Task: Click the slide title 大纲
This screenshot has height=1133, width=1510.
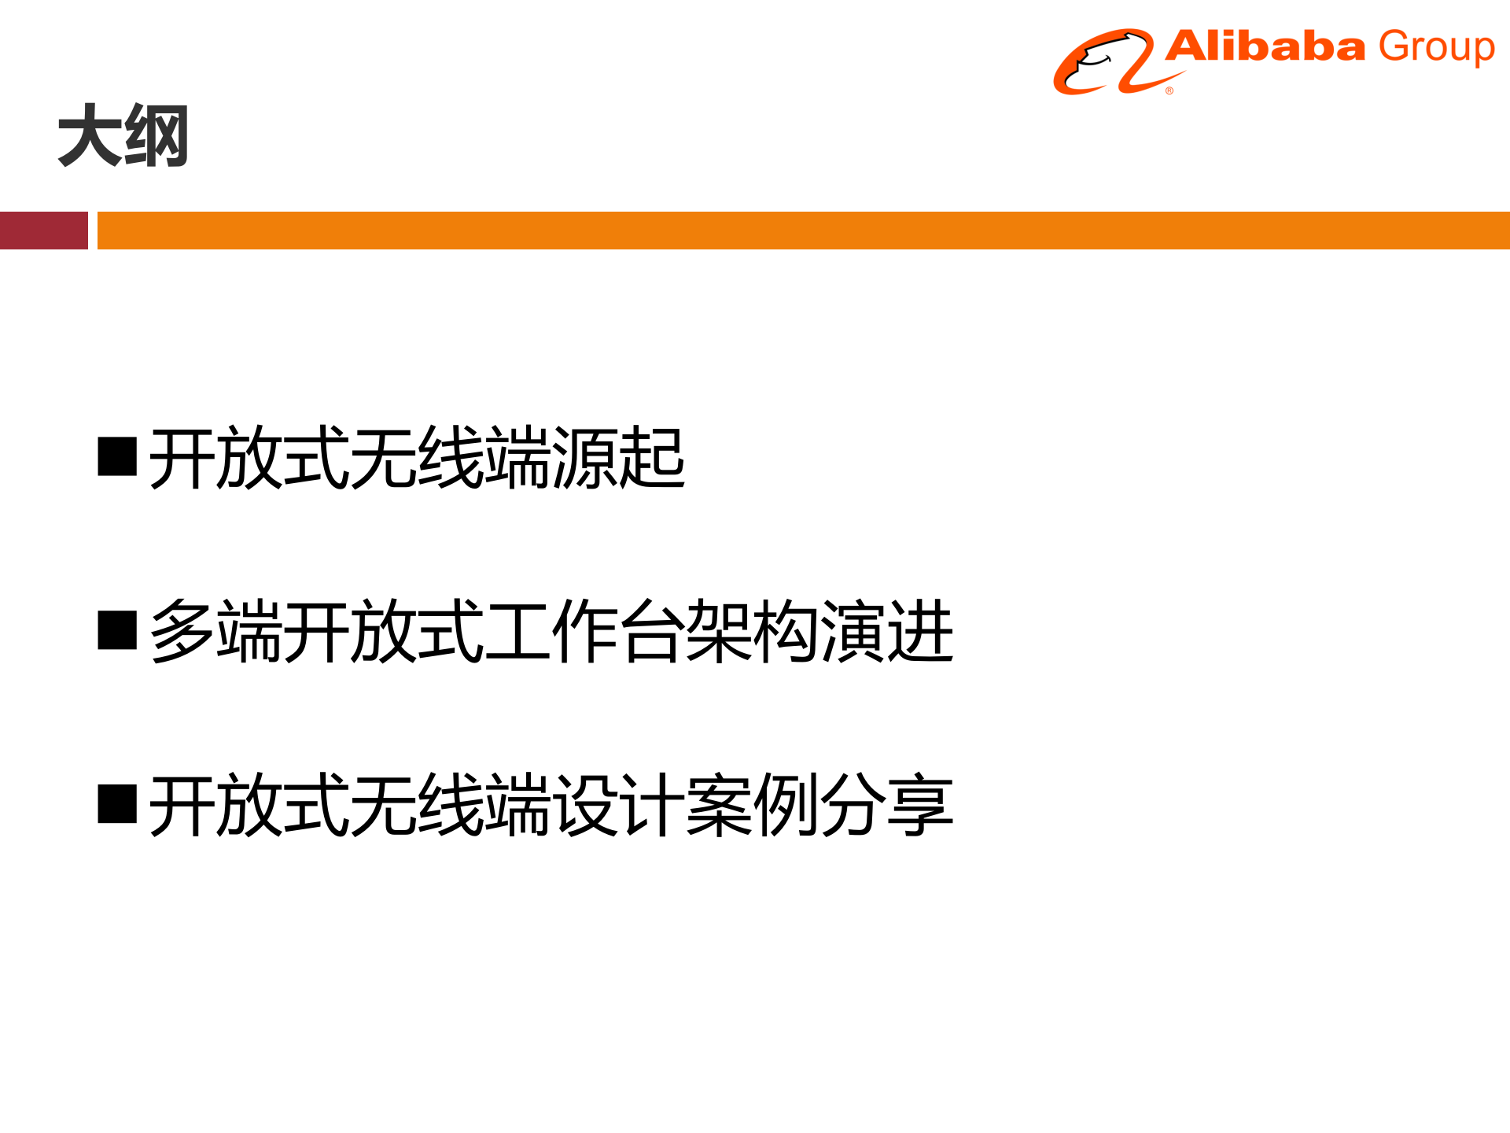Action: click(x=123, y=136)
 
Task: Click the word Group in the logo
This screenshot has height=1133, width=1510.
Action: click(x=1436, y=48)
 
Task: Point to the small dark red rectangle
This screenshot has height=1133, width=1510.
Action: click(x=43, y=231)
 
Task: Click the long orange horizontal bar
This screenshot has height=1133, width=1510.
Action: click(x=802, y=231)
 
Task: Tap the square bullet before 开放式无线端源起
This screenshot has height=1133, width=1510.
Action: click(x=117, y=457)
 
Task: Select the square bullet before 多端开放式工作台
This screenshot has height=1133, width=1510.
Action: click(x=117, y=630)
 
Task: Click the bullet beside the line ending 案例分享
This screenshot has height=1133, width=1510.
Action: click(x=117, y=803)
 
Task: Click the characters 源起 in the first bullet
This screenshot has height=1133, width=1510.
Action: click(x=618, y=458)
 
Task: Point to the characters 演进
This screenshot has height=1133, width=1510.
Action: click(x=886, y=631)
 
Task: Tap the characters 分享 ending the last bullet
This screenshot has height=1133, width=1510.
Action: click(x=886, y=804)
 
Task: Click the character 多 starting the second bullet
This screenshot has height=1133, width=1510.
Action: click(x=182, y=631)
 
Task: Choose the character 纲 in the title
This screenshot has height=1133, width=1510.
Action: click(x=157, y=136)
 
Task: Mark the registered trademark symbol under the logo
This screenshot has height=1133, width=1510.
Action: click(x=1169, y=91)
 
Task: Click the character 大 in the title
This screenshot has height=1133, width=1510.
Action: click(x=90, y=136)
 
